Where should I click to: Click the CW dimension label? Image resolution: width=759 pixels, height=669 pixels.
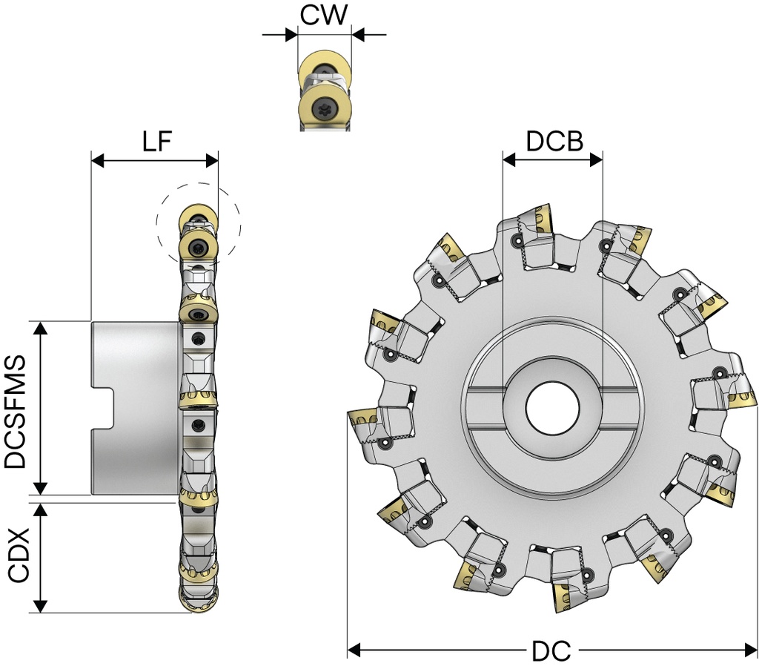coord(324,15)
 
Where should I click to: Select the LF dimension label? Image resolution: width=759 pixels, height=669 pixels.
coord(157,142)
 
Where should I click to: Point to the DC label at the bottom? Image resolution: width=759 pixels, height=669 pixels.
coord(551,651)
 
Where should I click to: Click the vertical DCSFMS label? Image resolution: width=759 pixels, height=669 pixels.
coord(16,410)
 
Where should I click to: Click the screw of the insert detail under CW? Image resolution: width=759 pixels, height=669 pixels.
coord(325,108)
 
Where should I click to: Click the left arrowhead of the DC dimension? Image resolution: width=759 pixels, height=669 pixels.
coord(354,650)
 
